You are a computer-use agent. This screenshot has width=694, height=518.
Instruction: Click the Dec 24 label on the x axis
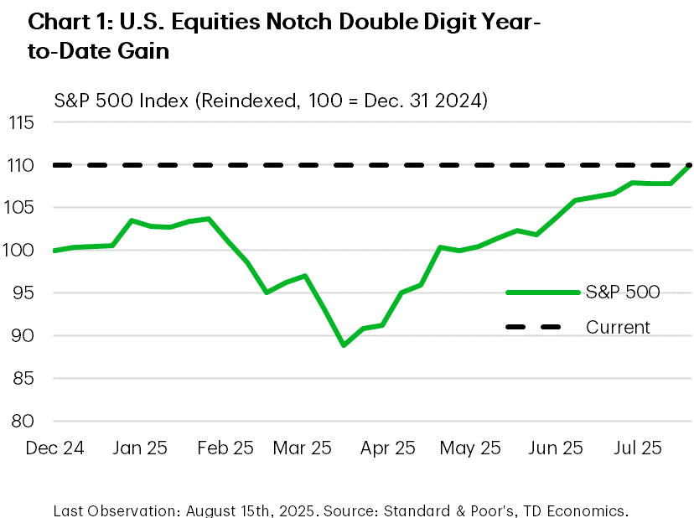pos(54,448)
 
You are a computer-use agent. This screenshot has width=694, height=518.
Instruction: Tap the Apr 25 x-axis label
pos(387,448)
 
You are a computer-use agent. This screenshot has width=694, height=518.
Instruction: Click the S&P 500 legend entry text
pos(623,292)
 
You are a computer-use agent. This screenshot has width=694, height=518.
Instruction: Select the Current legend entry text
pos(618,327)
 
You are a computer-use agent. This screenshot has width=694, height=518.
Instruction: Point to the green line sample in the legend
pos(543,292)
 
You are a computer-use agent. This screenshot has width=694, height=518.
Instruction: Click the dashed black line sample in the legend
pos(543,327)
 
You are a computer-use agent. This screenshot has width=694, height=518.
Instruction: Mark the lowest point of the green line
pos(344,345)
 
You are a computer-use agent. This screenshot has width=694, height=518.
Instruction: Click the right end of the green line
pos(689,166)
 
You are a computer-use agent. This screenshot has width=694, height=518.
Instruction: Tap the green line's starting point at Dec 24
pos(54,251)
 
